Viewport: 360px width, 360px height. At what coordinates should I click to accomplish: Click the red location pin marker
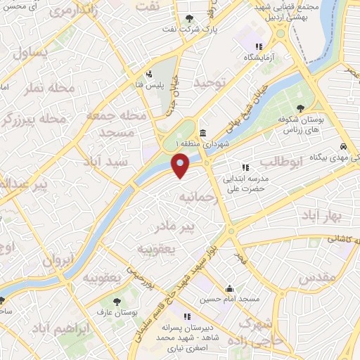point(181,166)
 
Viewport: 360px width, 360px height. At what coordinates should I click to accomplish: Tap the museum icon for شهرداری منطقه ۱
point(202,134)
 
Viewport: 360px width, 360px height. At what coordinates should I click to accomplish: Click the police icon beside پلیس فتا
point(148,73)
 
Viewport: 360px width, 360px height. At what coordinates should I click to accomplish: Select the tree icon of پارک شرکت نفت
point(188,20)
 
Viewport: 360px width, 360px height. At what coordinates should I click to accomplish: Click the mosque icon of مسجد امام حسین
point(230,288)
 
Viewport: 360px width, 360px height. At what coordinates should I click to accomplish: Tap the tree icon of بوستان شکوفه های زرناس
point(300,108)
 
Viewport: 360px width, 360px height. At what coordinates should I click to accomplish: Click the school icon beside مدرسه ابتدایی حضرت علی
point(245,167)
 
